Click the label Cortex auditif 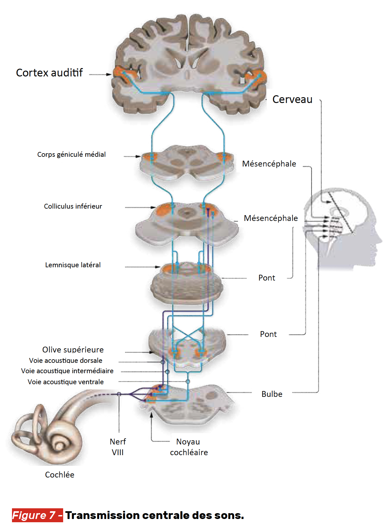point(49,73)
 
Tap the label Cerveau point(292,99)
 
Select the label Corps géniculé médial point(71,155)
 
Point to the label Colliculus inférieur point(73,206)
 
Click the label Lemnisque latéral point(73,265)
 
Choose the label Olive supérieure point(73,350)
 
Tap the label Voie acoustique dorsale point(66,361)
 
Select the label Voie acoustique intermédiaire point(67,371)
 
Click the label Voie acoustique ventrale point(66,382)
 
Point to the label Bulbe point(272,394)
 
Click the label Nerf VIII point(118,447)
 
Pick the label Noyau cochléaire point(189,447)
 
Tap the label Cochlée point(60,475)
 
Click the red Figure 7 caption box point(37,515)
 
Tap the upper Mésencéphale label point(269,164)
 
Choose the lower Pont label point(268,334)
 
